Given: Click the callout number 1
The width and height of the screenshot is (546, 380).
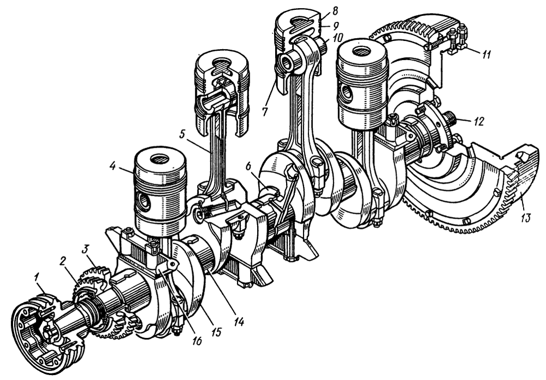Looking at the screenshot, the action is coord(37,278).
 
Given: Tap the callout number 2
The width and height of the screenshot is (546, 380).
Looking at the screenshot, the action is coord(63,262).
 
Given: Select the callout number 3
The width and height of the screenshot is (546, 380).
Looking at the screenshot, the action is coord(86,249).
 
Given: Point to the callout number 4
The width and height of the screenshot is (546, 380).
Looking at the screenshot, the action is coord(113,166).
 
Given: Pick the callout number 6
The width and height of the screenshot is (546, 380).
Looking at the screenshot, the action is coord(248,167).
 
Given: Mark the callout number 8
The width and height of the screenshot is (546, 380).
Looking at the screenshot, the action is coord(335,10).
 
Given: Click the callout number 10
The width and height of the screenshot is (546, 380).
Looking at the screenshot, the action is coord(337,37).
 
